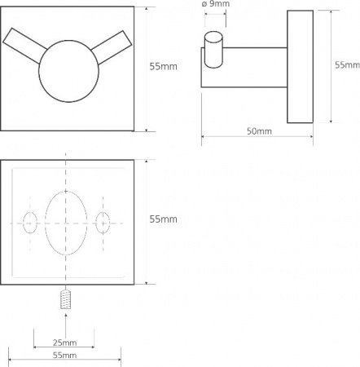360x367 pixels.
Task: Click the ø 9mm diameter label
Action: point(216,4)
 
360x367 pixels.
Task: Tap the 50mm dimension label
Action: point(259,131)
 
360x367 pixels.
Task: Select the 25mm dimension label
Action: point(64,343)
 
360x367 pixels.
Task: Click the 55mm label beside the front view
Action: point(164,67)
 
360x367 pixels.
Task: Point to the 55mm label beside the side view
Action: point(347,65)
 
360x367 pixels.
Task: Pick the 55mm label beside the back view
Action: point(164,219)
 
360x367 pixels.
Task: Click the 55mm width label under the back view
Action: point(64,355)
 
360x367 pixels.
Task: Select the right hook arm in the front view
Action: point(112,47)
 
